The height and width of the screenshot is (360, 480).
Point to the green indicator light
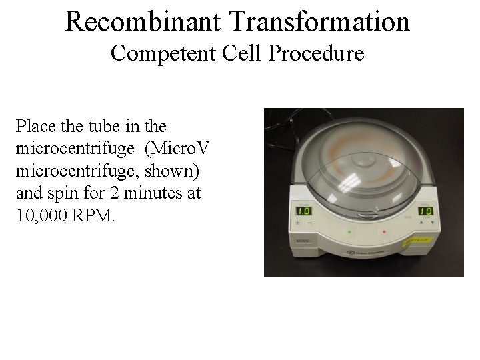(349, 232)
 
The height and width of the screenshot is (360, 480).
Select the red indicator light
(384, 232)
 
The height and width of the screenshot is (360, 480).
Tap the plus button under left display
(298, 224)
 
